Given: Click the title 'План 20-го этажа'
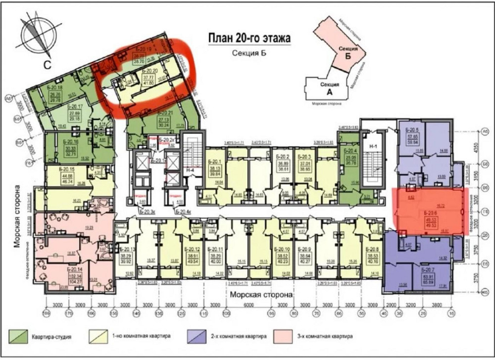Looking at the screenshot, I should pyautogui.click(x=248, y=38).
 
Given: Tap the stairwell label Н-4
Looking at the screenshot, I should pyautogui.click(x=190, y=170).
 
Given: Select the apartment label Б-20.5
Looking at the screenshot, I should pyautogui.click(x=414, y=130).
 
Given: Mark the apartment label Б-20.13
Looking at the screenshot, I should pyautogui.click(x=127, y=249).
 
